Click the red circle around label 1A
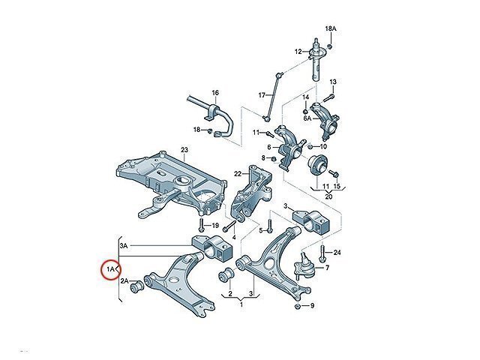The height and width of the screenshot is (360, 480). [x=102, y=270]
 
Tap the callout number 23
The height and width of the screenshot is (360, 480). [x=184, y=150]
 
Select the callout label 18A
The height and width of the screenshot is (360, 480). [x=331, y=28]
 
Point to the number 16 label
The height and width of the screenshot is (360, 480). [x=215, y=92]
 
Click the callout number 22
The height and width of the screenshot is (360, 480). [x=238, y=174]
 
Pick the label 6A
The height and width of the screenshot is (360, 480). [x=307, y=118]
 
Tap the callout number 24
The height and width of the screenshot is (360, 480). [x=337, y=253]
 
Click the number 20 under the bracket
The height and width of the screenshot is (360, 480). [x=328, y=196]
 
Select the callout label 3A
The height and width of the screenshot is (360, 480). [x=124, y=245]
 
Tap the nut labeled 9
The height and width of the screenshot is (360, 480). [x=297, y=306]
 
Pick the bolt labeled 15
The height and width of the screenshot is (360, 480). [x=333, y=173]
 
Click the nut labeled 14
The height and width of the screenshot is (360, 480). [x=305, y=110]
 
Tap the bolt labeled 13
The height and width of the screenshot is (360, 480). [x=328, y=97]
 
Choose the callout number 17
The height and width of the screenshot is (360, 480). [x=262, y=95]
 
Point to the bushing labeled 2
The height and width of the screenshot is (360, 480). [x=226, y=274]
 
